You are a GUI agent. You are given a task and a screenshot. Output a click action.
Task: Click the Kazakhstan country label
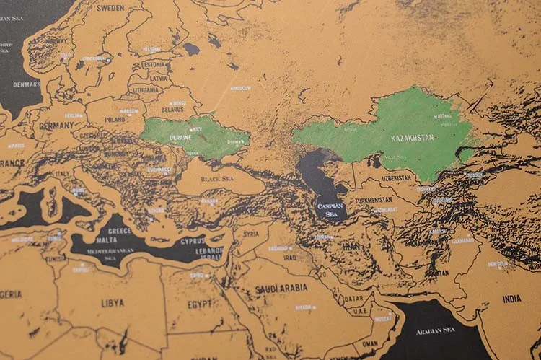point(413,138)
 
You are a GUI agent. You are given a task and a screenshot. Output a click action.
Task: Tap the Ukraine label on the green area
point(180,137)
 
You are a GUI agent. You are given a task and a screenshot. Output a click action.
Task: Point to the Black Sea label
point(217,178)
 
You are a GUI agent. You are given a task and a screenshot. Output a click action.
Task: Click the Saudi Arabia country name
point(281,288)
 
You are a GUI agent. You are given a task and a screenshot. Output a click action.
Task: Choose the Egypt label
point(200,304)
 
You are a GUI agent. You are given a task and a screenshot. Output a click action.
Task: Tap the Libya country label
point(112,303)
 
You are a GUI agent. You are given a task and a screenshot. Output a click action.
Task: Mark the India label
point(511,299)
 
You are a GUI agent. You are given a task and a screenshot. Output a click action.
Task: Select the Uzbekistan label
point(397,177)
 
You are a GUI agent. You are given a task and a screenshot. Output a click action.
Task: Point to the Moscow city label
point(241,88)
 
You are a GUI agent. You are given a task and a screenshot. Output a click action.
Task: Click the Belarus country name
point(173,110)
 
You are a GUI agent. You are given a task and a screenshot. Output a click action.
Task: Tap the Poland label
point(115,120)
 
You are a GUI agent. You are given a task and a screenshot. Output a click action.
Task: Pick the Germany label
point(56,126)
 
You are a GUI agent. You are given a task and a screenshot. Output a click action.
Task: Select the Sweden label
point(110,8)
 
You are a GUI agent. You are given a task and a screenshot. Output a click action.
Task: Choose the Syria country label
point(250,234)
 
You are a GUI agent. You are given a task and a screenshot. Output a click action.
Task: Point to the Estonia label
point(154,64)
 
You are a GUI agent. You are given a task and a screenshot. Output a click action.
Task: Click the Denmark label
point(27,84)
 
